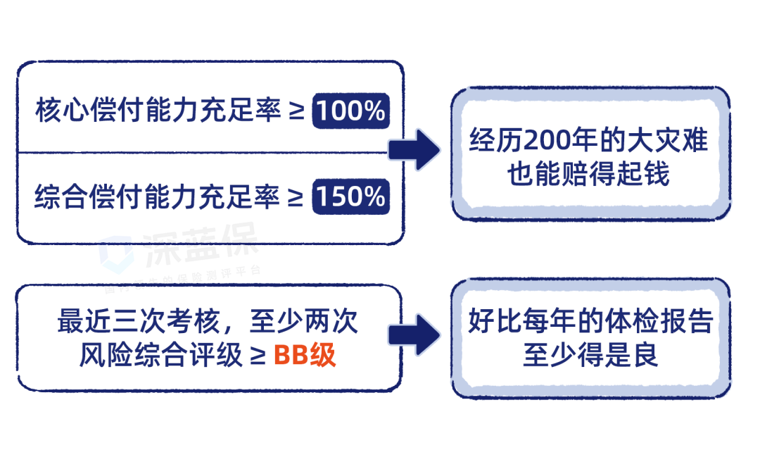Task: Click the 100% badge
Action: pyautogui.click(x=350, y=111)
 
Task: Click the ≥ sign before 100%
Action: pyautogui.click(x=298, y=112)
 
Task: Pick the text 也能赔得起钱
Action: pyautogui.click(x=589, y=174)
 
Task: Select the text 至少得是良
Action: pyautogui.click(x=590, y=355)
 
